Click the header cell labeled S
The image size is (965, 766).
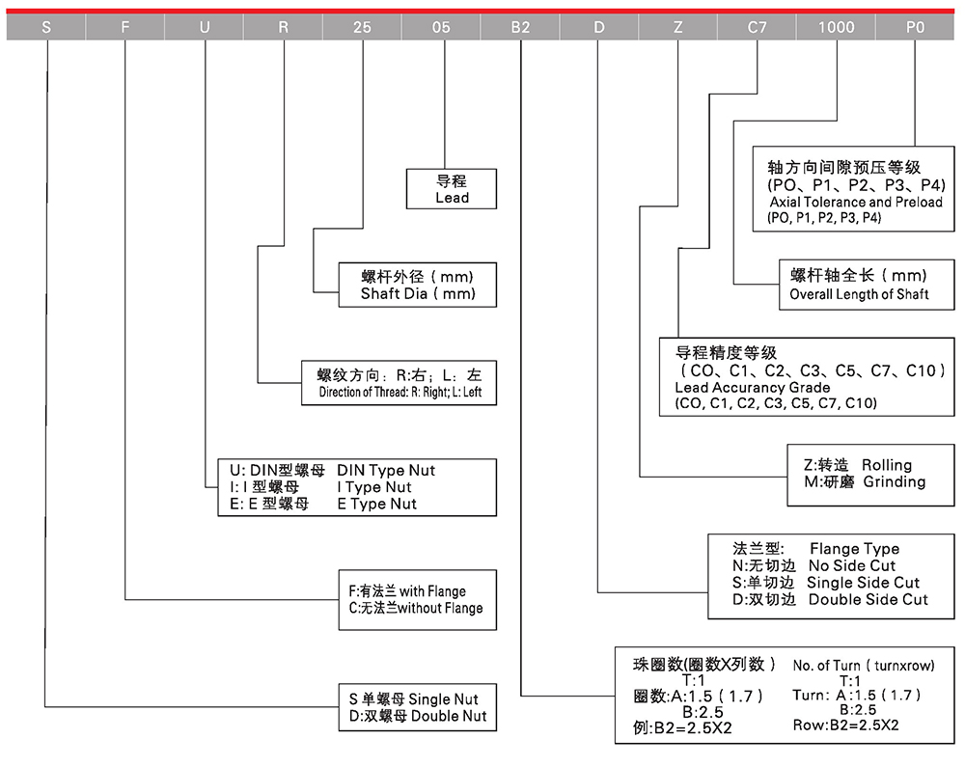[45, 27]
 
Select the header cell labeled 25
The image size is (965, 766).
[362, 27]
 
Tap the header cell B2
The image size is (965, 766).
[520, 27]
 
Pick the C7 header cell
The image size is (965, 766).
[758, 27]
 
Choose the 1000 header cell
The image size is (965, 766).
[836, 27]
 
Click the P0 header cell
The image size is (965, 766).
[914, 27]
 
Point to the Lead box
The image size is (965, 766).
[452, 189]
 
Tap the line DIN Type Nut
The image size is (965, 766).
[386, 470]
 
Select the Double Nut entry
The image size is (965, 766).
[449, 716]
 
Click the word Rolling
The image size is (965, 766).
[887, 465]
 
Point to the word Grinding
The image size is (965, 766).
[894, 481]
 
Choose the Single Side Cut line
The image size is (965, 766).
[864, 583]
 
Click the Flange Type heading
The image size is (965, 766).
[854, 549]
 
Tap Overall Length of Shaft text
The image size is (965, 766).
[859, 294]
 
